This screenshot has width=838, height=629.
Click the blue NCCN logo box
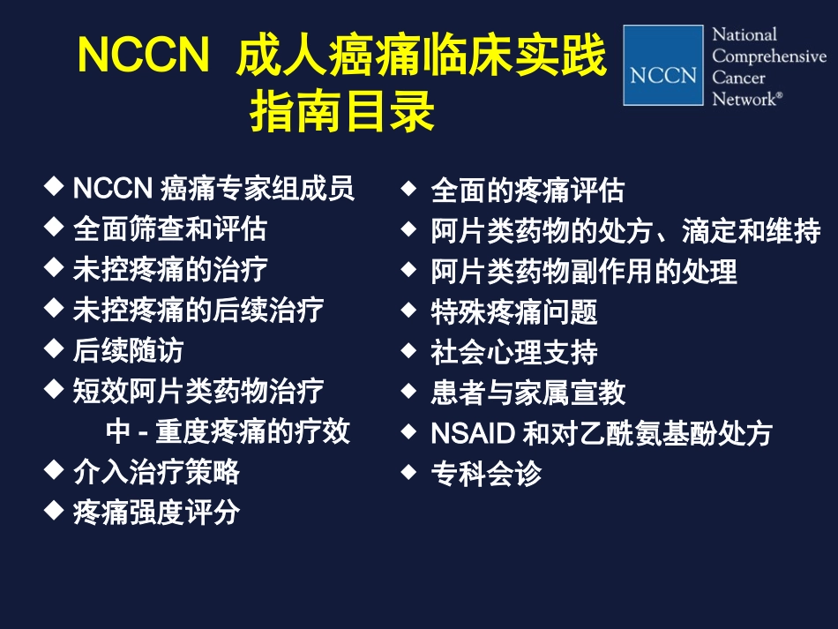click(x=663, y=65)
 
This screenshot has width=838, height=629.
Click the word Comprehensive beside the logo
click(x=769, y=56)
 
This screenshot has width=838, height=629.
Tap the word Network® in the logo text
click(x=746, y=99)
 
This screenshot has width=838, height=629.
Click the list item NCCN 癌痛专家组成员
click(x=213, y=188)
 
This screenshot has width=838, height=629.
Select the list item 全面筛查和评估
click(x=169, y=228)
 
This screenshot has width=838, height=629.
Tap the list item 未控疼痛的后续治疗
click(x=198, y=310)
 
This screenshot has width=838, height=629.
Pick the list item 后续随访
click(x=128, y=350)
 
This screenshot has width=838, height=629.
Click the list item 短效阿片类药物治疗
click(x=198, y=391)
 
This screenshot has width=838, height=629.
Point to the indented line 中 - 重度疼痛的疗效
click(x=228, y=431)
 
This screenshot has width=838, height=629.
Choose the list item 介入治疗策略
click(x=156, y=472)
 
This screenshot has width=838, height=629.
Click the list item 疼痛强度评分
click(x=156, y=513)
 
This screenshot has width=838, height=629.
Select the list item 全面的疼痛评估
click(x=527, y=190)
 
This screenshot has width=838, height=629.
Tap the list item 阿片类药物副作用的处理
click(x=583, y=271)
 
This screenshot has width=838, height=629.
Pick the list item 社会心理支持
click(x=513, y=352)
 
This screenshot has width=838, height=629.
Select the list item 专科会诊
click(x=485, y=474)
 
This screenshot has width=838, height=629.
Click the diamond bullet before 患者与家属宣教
click(x=408, y=391)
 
